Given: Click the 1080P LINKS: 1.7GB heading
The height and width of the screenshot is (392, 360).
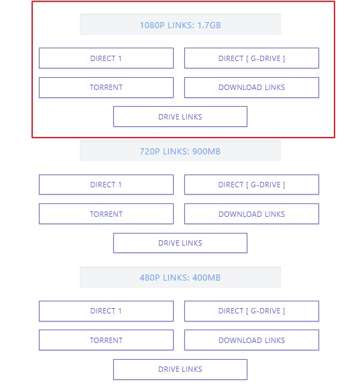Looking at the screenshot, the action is pyautogui.click(x=180, y=25).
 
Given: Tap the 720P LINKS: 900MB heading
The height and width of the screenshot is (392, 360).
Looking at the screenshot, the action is pyautogui.click(x=180, y=151).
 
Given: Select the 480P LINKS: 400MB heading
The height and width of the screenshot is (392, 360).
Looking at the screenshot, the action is pyautogui.click(x=180, y=277).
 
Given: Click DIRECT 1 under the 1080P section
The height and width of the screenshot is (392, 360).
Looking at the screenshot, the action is pyautogui.click(x=106, y=58).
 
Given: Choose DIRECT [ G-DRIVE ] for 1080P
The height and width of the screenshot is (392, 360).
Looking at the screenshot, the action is pyautogui.click(x=251, y=58).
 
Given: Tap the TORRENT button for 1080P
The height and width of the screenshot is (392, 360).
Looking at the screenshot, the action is pyautogui.click(x=106, y=87).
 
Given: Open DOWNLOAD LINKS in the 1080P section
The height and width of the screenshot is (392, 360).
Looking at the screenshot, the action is pyautogui.click(x=251, y=87).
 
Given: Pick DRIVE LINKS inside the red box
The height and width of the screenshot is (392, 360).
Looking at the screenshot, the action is pyautogui.click(x=180, y=117).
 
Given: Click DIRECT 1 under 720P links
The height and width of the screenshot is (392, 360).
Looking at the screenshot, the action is pyautogui.click(x=106, y=185).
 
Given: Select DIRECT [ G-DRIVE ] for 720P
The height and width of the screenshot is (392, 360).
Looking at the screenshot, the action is pyautogui.click(x=251, y=185).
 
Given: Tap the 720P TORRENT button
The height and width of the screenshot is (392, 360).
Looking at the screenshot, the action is pyautogui.click(x=106, y=214).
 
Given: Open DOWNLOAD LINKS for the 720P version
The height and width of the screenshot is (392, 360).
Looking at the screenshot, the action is pyautogui.click(x=251, y=214).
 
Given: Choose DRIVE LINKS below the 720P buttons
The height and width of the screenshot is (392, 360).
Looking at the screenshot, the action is pyautogui.click(x=180, y=243).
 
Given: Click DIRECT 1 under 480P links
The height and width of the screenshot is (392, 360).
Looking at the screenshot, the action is pyautogui.click(x=106, y=311).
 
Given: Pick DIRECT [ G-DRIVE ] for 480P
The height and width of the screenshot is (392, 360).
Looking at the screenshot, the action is pyautogui.click(x=251, y=311).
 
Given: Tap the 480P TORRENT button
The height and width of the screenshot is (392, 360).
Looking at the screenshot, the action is pyautogui.click(x=106, y=340).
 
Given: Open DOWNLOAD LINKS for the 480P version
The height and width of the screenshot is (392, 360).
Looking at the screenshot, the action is pyautogui.click(x=251, y=340).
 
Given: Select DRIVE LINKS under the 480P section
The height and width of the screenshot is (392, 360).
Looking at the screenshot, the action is pyautogui.click(x=180, y=369).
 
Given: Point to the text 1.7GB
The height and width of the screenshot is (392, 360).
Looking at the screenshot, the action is pyautogui.click(x=209, y=26).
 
